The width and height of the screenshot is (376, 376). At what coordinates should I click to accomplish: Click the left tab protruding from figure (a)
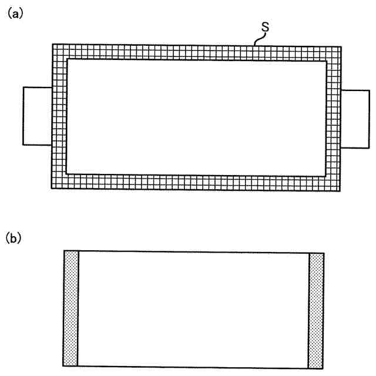coord(37,116)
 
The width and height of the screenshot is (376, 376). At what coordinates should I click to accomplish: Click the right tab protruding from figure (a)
coord(355,119)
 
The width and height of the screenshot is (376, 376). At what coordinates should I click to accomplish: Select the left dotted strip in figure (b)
coord(70,308)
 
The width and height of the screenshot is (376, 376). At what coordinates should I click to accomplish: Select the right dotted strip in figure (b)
coord(316,310)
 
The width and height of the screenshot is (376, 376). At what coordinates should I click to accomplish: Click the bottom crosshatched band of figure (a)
coord(197,181)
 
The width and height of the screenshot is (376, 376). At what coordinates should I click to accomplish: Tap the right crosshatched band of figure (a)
coord(334,117)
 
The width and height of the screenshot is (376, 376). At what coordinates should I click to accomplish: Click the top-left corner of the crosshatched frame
coord(53,45)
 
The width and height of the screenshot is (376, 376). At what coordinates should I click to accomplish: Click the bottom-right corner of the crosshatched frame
coord(340,187)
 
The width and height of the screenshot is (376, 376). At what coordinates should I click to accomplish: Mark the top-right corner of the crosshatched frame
coord(340,46)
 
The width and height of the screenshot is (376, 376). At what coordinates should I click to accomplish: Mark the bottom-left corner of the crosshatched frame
coord(53,187)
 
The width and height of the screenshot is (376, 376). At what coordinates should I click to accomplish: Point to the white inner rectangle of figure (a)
coord(197,116)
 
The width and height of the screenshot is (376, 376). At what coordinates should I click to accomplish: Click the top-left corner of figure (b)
coord(64,251)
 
